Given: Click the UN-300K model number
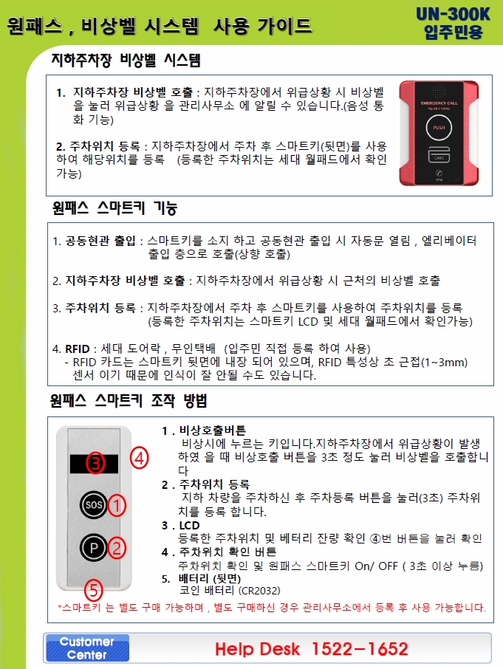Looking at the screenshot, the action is [453, 14].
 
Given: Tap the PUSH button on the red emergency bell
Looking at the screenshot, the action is [439, 128].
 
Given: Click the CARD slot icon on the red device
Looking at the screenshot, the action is [439, 154].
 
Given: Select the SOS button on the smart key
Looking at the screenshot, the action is [93, 505].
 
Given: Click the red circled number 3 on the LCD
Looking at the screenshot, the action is [95, 463].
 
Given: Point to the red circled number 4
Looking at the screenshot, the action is [140, 458].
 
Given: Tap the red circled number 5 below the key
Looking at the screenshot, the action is [93, 590].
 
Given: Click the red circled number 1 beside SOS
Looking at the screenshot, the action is [117, 506].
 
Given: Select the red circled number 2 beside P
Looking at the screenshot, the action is [117, 548].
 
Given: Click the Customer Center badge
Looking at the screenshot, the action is [87, 648].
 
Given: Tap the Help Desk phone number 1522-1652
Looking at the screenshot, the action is [360, 649].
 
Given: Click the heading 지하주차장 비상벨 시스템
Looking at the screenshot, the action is [126, 60].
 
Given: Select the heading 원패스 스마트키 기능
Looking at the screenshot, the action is [114, 207].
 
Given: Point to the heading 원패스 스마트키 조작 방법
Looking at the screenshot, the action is [129, 401].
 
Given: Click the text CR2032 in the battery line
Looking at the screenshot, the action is [259, 591].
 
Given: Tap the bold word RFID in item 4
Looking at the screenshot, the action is [78, 349].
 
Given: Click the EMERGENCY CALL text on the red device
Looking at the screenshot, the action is [439, 103].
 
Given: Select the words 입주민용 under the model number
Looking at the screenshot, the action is [453, 32].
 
